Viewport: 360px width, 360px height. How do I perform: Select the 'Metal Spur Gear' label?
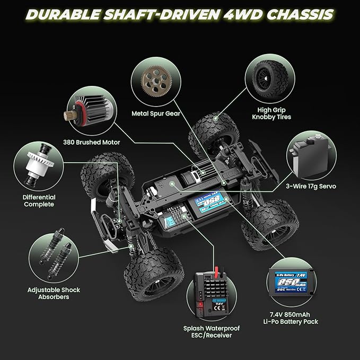[155, 113]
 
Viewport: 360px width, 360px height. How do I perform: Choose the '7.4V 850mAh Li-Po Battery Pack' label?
[293, 318]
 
